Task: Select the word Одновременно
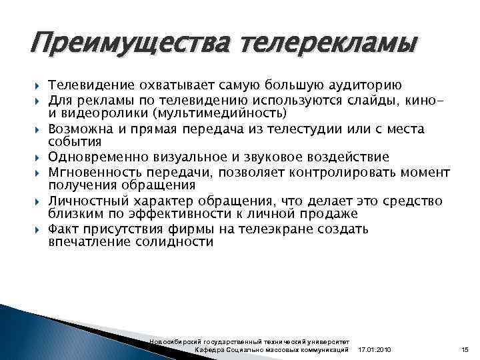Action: click(97, 157)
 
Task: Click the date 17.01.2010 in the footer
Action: click(375, 350)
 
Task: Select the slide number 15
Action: click(465, 350)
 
